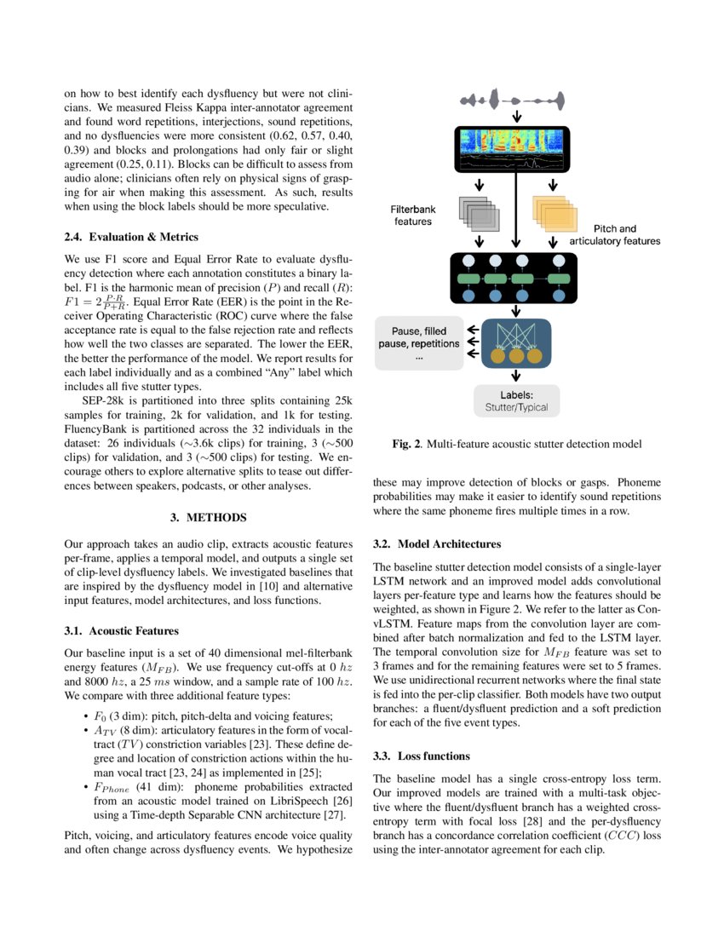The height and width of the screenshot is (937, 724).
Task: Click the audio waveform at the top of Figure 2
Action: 514,100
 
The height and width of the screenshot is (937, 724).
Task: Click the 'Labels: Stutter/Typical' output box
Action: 516,401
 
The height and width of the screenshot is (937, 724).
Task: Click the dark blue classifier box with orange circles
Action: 515,342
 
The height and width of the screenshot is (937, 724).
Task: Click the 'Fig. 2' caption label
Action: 405,444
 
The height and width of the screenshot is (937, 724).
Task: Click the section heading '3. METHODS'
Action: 209,517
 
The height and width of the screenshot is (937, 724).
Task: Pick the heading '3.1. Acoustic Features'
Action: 122,631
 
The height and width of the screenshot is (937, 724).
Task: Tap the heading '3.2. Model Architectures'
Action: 437,543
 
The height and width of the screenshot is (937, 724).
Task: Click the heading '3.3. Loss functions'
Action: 421,756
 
